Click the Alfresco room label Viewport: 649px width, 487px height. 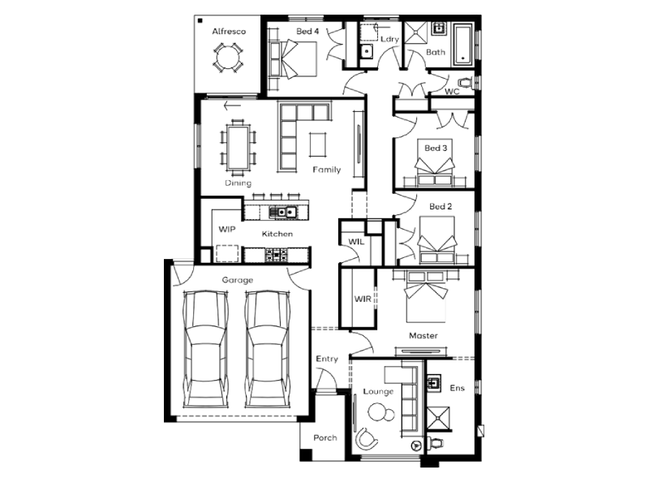pyautogui.click(x=229, y=32)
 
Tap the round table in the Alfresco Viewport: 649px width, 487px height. pyautogui.click(x=228, y=58)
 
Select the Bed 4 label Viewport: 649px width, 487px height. pyautogui.click(x=307, y=31)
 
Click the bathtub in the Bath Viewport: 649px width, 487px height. pyautogui.click(x=463, y=45)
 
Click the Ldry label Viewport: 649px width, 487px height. pyautogui.click(x=389, y=39)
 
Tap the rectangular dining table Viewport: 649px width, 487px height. pyautogui.click(x=238, y=148)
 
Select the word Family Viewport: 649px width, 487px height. pyautogui.click(x=327, y=170)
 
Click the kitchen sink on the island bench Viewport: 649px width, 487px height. pyautogui.click(x=282, y=212)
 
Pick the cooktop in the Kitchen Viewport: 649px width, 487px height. pyautogui.click(x=276, y=254)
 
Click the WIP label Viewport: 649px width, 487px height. pyautogui.click(x=227, y=230)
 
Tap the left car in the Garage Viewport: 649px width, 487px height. pyautogui.click(x=206, y=349)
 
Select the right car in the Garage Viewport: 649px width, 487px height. pyautogui.click(x=268, y=349)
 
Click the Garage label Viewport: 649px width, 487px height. pyautogui.click(x=238, y=280)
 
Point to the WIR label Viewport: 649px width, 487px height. pyautogui.click(x=363, y=299)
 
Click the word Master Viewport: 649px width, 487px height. pyautogui.click(x=423, y=335)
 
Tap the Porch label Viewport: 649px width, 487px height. pyautogui.click(x=325, y=437)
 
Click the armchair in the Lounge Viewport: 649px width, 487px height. pyautogui.click(x=367, y=438)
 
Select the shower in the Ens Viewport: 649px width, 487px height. pyautogui.click(x=438, y=419)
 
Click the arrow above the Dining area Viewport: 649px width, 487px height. pyautogui.click(x=232, y=106)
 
